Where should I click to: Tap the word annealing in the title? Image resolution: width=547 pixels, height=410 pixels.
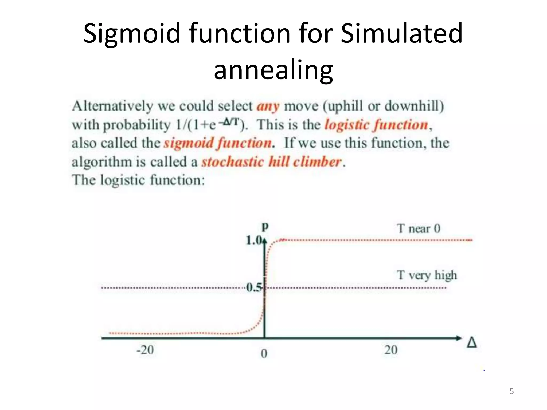point(273,70)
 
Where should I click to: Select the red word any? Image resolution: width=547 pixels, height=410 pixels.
point(268,106)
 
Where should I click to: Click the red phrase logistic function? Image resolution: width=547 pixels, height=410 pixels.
point(376,125)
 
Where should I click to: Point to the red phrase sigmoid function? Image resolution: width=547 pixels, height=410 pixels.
point(218,143)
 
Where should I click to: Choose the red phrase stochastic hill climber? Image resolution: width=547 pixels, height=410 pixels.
point(271,162)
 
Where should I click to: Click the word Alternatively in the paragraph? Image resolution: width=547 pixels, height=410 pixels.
point(112,106)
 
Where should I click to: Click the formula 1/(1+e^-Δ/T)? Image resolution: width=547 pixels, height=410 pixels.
point(210,124)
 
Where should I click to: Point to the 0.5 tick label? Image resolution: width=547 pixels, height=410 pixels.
point(254,287)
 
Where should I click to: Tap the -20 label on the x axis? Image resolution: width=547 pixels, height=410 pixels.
point(145,350)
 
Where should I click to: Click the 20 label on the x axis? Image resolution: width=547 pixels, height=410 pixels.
point(391,350)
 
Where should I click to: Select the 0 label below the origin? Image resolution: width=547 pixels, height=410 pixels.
point(264,354)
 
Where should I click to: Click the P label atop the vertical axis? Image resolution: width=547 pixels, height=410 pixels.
point(265,227)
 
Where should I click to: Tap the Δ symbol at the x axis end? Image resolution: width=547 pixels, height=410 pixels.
point(472,342)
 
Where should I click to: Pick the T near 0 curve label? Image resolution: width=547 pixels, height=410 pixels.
point(418,228)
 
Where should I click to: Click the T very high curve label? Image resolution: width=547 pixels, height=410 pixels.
point(427,275)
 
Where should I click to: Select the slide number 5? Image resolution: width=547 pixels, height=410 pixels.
point(511,391)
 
